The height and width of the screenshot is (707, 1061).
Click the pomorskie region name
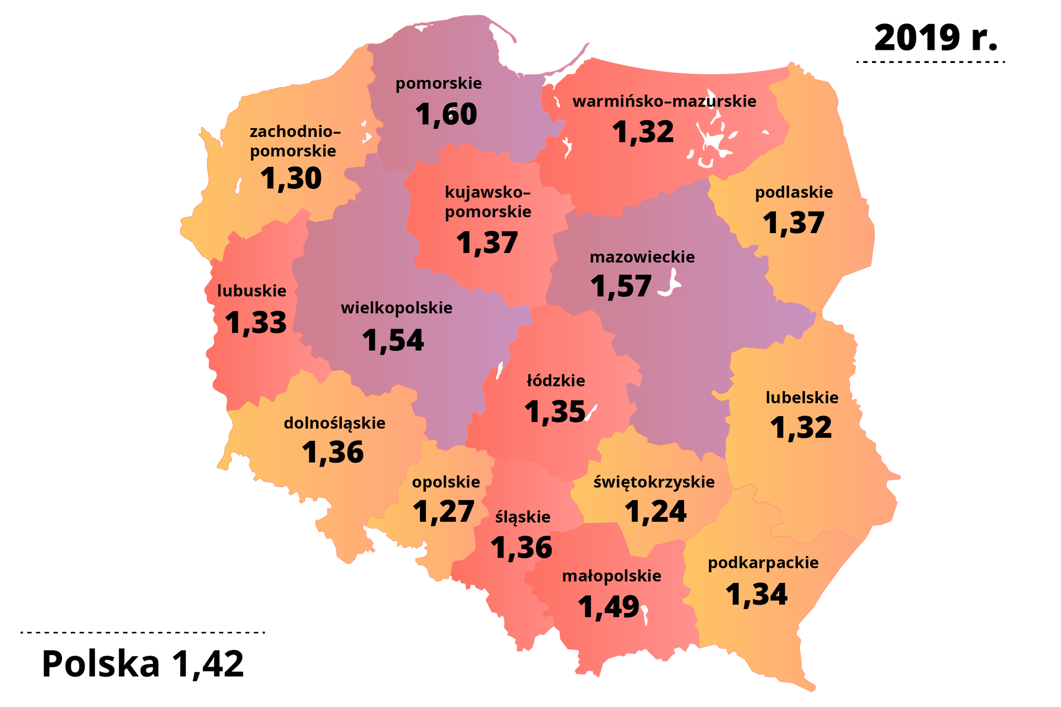click(x=438, y=83)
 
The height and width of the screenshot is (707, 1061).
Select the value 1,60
click(x=445, y=114)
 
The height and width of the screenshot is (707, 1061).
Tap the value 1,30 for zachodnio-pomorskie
click(x=291, y=178)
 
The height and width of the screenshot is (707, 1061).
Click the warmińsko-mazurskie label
click(x=664, y=101)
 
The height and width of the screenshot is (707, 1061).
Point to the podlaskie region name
click(x=794, y=192)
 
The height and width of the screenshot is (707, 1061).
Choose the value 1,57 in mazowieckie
click(x=621, y=286)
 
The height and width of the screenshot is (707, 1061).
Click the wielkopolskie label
click(x=396, y=308)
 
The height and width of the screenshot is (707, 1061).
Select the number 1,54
click(x=393, y=340)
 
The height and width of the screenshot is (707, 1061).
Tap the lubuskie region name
click(x=251, y=291)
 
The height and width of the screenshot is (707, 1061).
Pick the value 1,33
click(x=255, y=323)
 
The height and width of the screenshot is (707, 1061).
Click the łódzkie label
click(x=555, y=381)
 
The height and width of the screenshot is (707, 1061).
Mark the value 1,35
click(x=554, y=412)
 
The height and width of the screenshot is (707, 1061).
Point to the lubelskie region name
click(x=801, y=397)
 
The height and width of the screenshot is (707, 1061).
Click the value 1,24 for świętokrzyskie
click(x=655, y=511)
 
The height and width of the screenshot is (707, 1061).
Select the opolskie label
click(x=445, y=482)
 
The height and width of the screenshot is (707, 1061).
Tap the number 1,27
click(x=443, y=511)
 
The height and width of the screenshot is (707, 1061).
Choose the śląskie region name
click(x=522, y=517)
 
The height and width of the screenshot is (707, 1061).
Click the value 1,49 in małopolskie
click(x=608, y=607)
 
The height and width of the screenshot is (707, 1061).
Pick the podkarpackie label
click(x=763, y=563)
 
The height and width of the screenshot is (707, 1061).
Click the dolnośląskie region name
click(x=334, y=423)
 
